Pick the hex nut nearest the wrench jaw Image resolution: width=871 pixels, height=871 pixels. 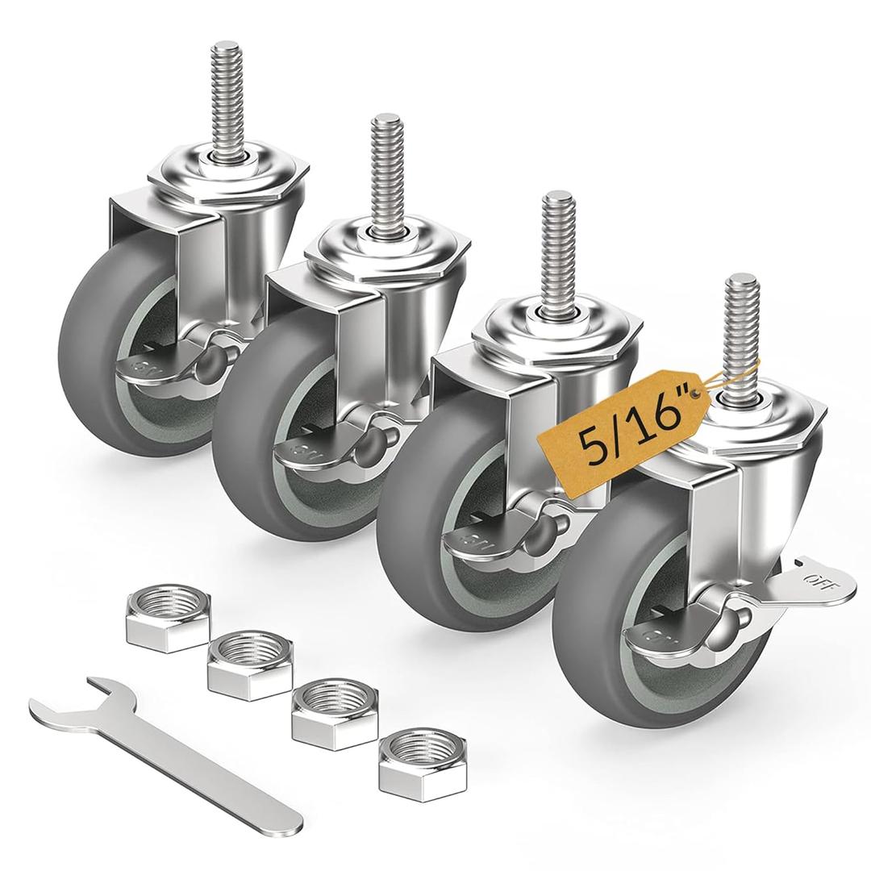coord(168,617)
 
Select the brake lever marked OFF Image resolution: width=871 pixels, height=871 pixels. coord(806,580)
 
